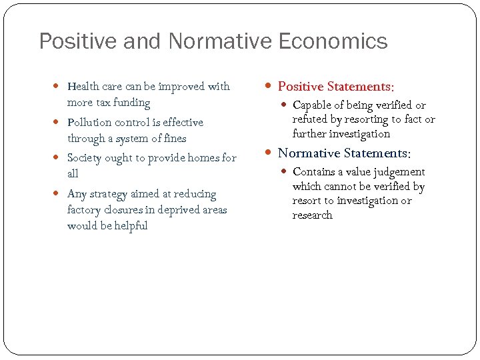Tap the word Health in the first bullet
point(83,86)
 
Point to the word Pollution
point(89,122)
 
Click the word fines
point(173,139)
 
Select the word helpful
point(130,226)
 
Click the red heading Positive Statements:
point(336,87)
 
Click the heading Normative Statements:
point(344,153)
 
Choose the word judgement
point(397,172)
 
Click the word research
point(312,215)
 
